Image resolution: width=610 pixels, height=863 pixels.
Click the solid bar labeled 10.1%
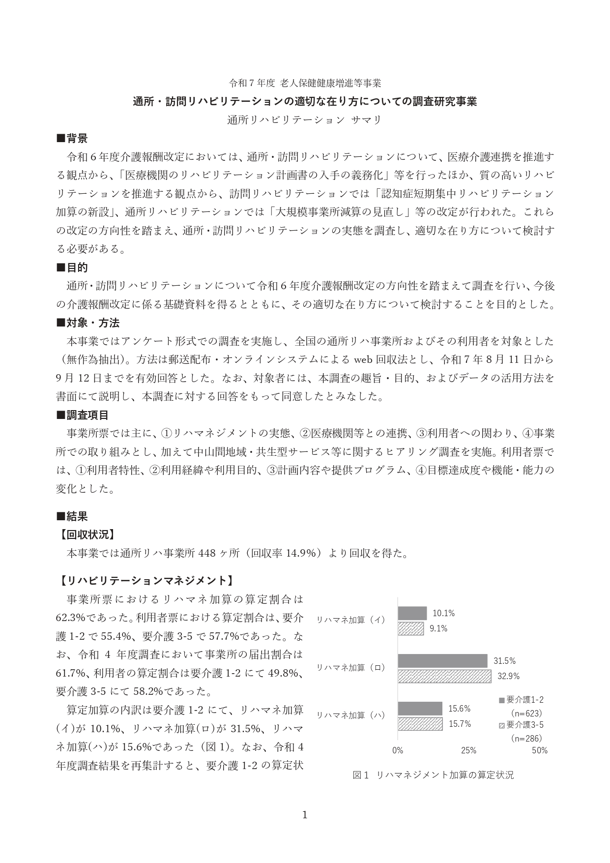click(x=412, y=613)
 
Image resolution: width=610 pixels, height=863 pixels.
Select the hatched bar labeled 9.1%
click(x=410, y=628)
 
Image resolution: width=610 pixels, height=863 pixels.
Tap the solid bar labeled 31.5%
click(x=442, y=661)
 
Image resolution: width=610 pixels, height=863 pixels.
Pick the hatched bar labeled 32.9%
click(x=444, y=676)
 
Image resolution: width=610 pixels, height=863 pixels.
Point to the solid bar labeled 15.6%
click(x=420, y=709)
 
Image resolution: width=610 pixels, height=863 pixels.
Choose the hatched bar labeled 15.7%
click(x=420, y=724)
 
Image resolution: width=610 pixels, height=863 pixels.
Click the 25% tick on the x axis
click(x=468, y=750)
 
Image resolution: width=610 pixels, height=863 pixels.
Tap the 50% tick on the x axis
click(x=540, y=750)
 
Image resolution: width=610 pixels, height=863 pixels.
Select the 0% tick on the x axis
click(x=397, y=750)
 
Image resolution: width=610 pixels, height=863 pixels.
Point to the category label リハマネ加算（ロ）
click(x=350, y=667)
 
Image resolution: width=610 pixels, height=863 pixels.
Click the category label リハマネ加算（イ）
click(x=350, y=620)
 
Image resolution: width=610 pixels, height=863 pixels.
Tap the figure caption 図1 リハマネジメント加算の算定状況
click(x=433, y=775)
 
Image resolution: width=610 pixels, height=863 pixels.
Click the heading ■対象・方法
click(x=88, y=323)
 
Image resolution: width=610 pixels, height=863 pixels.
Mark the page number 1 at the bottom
click(x=305, y=815)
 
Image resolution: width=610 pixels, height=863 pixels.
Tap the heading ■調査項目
click(x=83, y=415)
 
